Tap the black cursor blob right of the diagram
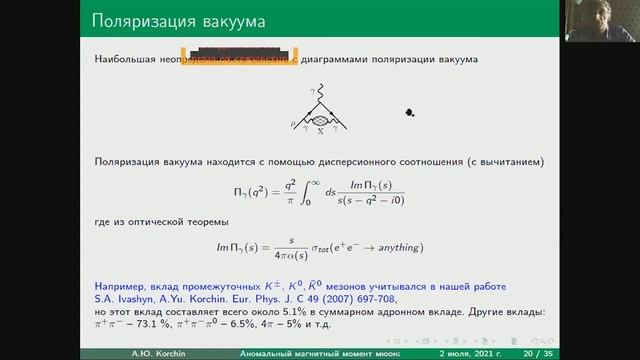coord(409,113)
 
